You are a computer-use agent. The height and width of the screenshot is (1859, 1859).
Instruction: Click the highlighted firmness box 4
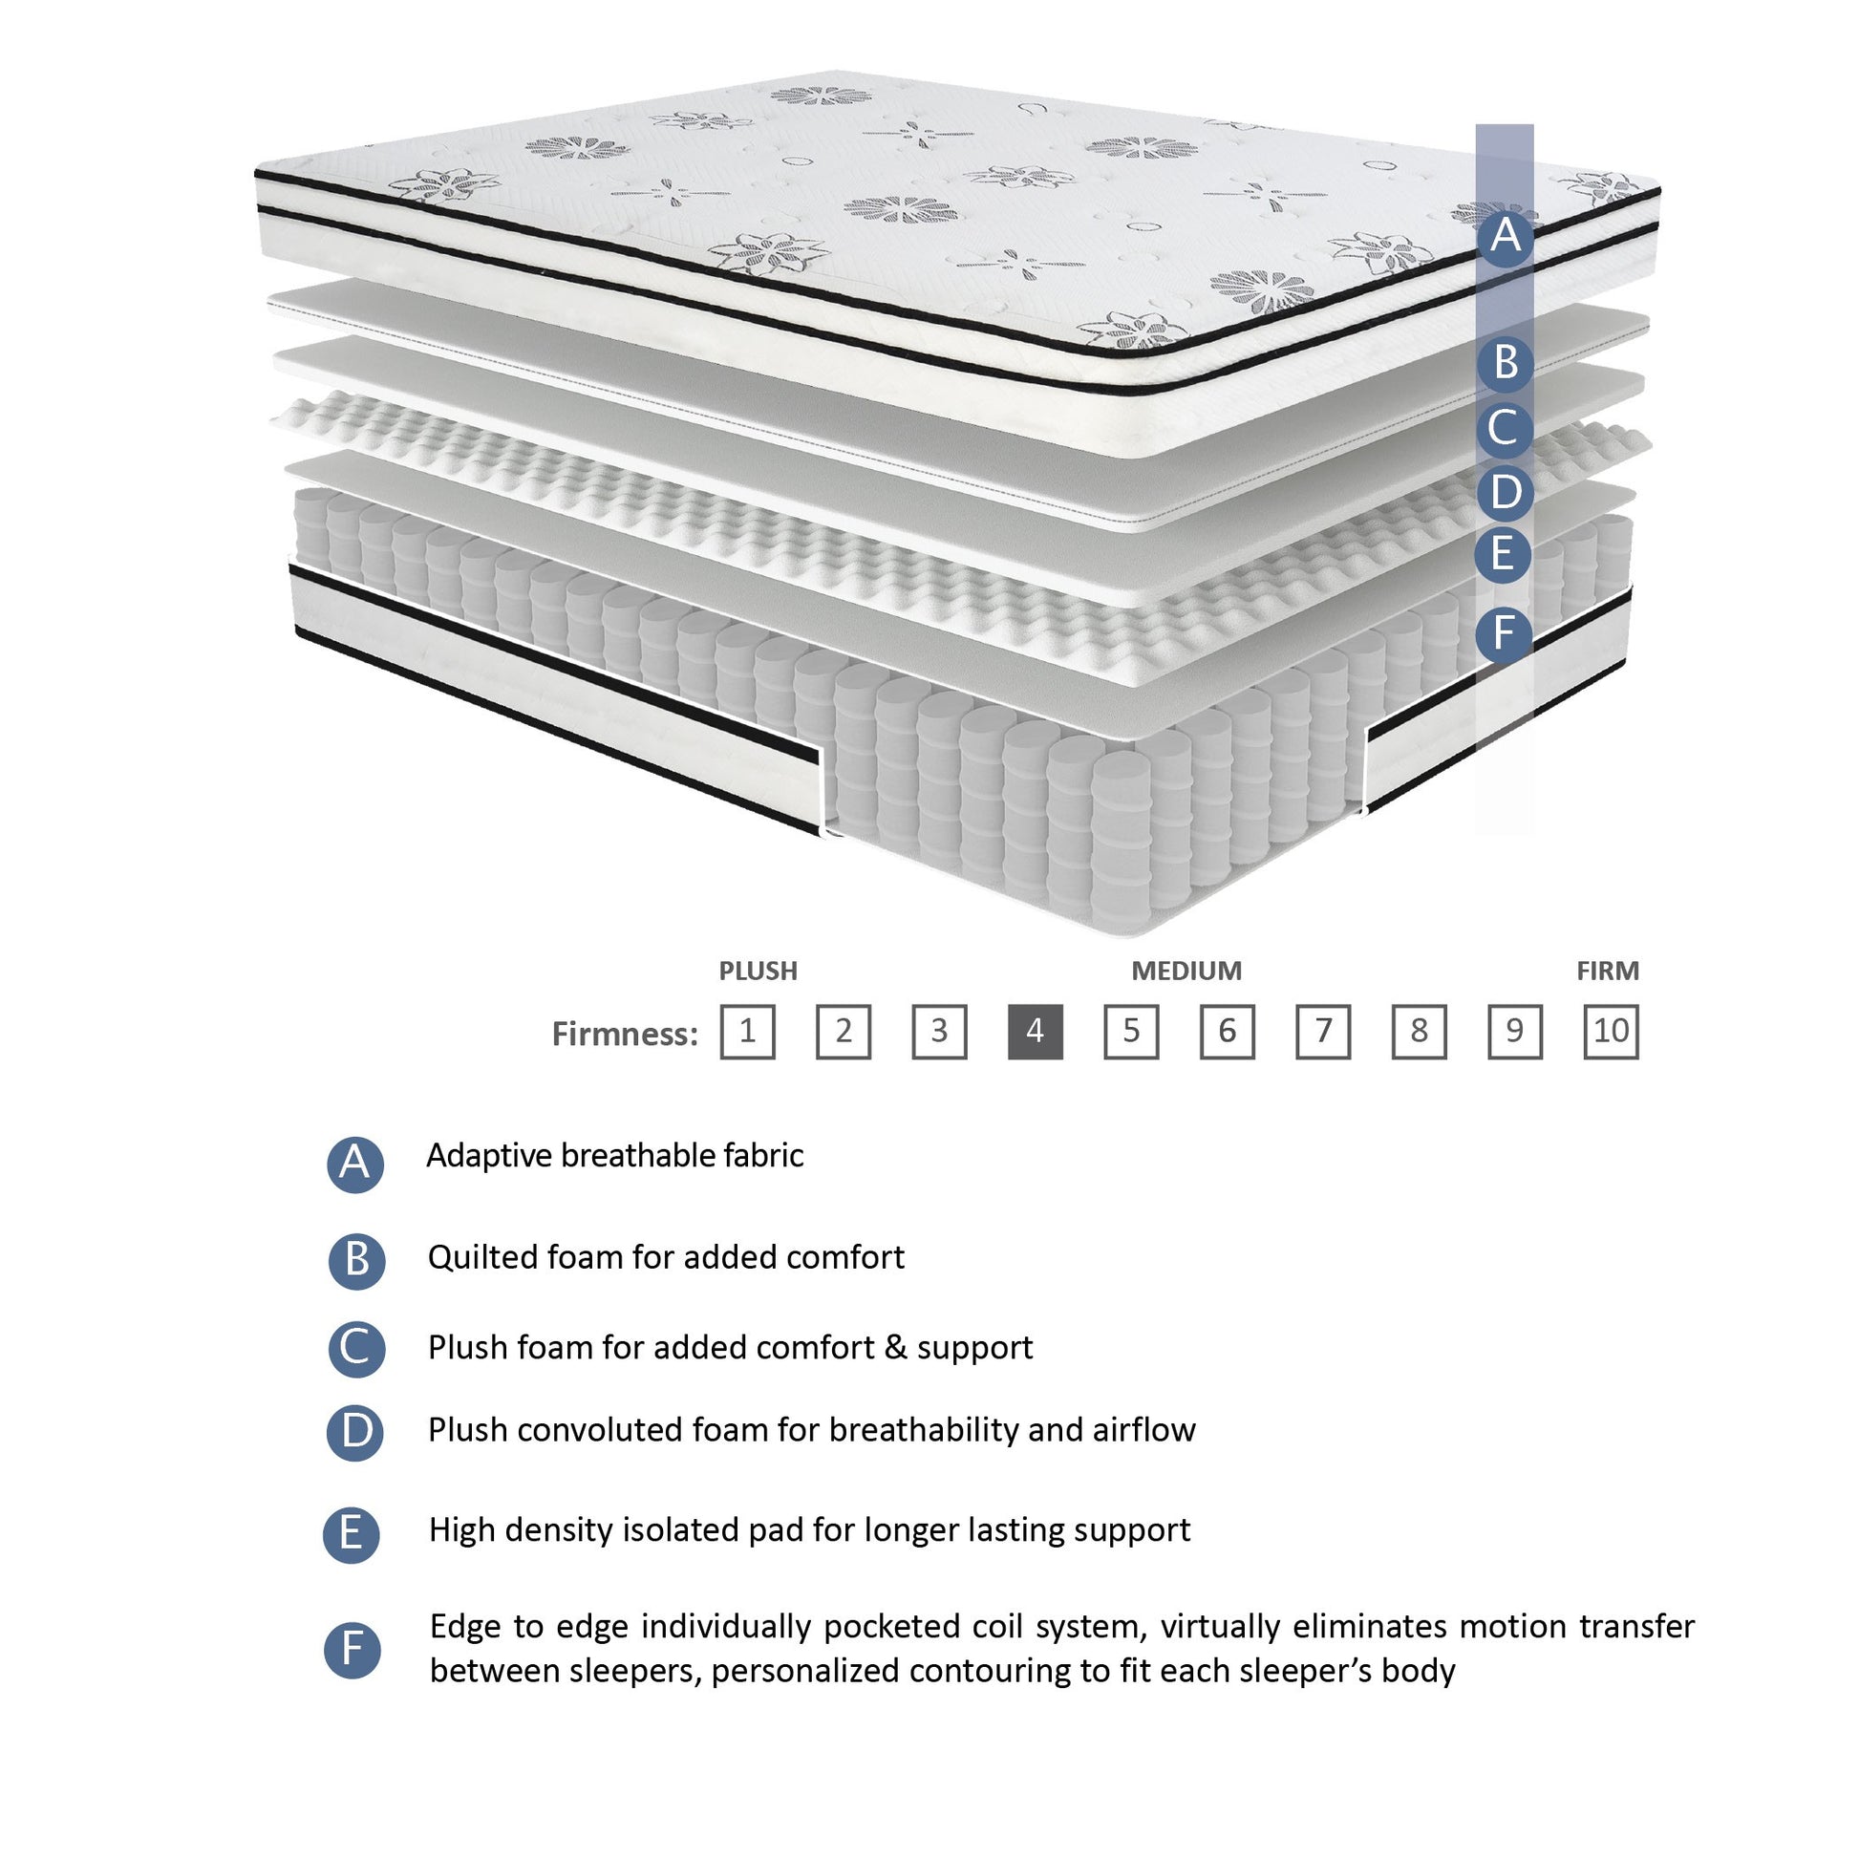[1035, 1032]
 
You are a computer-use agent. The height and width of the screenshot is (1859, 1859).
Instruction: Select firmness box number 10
[1610, 1032]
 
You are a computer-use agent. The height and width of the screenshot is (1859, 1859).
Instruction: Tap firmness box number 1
[748, 1032]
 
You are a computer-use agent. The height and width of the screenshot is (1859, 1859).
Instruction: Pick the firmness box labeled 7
[1322, 1032]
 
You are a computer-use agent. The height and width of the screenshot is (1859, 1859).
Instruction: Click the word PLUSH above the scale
[759, 971]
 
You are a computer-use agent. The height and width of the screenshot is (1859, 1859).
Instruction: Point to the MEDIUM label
[1186, 971]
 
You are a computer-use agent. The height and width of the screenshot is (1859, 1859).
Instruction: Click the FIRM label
[1607, 971]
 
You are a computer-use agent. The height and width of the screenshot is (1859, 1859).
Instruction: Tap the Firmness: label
[625, 1035]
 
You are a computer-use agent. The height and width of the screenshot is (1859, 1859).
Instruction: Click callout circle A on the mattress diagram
[1505, 236]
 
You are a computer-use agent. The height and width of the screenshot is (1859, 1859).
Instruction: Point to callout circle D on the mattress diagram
[1505, 493]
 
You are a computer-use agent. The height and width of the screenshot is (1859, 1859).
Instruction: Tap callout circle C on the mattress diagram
[1505, 428]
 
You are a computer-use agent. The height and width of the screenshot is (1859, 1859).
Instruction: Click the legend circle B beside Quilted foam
[356, 1259]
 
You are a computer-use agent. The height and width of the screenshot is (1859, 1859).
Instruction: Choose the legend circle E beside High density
[352, 1534]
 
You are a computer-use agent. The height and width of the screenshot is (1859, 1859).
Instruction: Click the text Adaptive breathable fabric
[614, 1156]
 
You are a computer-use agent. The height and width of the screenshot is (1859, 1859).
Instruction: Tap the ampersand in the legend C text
[895, 1347]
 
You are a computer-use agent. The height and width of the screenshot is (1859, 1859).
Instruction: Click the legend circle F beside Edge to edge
[353, 1650]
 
